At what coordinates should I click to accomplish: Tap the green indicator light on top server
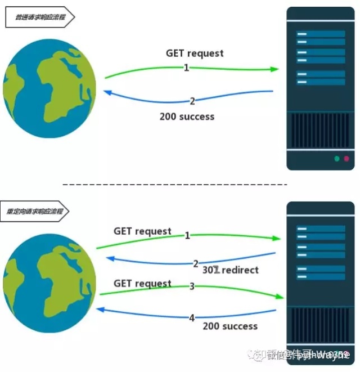(336, 159)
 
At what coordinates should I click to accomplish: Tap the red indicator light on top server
(346, 159)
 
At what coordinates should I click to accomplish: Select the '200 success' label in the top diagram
(187, 117)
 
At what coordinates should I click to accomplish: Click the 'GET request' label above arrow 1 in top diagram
(195, 53)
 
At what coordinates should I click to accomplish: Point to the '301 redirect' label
(230, 270)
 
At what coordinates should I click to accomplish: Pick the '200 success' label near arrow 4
(230, 326)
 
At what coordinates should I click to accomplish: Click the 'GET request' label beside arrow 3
(142, 284)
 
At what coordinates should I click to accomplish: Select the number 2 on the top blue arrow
(192, 101)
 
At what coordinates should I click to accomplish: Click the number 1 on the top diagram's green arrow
(186, 68)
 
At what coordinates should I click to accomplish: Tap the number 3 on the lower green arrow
(192, 286)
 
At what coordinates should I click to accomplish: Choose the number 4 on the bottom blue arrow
(192, 318)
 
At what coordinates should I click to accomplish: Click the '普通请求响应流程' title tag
(39, 17)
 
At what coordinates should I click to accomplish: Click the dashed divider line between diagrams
(174, 185)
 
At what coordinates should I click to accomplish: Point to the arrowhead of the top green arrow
(274, 69)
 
